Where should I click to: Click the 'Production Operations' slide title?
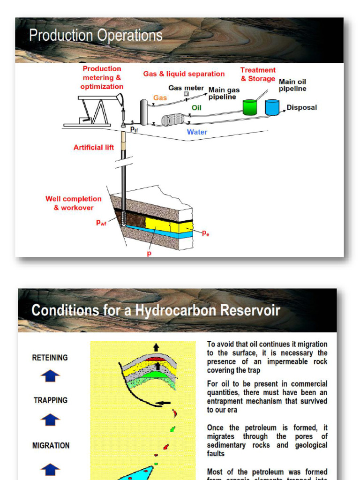96,35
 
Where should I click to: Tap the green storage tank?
250,107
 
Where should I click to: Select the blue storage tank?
272,107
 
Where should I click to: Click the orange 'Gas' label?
160,98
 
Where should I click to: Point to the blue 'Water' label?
197,132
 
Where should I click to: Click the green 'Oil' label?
196,108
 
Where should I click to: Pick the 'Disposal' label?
302,107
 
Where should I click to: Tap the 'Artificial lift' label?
94,147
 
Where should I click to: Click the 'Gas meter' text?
186,88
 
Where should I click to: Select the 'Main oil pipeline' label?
292,85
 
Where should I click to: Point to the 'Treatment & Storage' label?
258,75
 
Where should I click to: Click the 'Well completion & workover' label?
74,203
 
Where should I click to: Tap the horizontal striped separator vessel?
172,120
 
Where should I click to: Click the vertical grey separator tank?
144,112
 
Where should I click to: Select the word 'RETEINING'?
50,358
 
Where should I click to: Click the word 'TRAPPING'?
50,400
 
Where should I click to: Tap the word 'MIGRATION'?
51,445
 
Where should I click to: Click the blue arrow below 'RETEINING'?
50,376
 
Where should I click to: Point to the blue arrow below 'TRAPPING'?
50,420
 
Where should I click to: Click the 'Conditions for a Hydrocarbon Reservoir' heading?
156,310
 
